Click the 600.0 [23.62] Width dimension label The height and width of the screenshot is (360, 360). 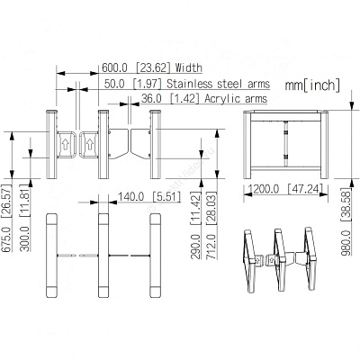pyautogui.click(x=152, y=67)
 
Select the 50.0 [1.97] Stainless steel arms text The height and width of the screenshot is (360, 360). pyautogui.click(x=187, y=84)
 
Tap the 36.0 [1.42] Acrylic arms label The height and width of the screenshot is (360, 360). pyautogui.click(x=204, y=98)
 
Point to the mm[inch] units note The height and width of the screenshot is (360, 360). pyautogui.click(x=312, y=85)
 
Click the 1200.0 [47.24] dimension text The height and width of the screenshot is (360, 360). pyautogui.click(x=286, y=189)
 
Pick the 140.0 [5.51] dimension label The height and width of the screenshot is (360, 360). pyautogui.click(x=149, y=197)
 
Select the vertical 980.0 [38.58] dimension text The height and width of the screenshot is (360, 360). pyautogui.click(x=346, y=221)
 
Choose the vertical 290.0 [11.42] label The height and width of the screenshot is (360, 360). pyautogui.click(x=195, y=226)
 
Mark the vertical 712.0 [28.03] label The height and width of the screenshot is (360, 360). pyautogui.click(x=211, y=226)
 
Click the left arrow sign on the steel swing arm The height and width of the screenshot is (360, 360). pyautogui.click(x=65, y=145)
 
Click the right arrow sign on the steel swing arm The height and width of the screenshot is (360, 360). pyautogui.click(x=90, y=145)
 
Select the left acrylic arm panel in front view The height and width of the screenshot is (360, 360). pyautogui.click(x=118, y=143)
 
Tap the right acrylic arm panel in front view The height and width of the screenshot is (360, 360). pyautogui.click(x=140, y=143)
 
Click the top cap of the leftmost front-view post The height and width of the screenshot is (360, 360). pyautogui.click(x=51, y=112)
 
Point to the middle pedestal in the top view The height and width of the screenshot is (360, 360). pyautogui.click(x=103, y=256)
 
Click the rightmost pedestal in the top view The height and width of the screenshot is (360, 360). pyautogui.click(x=155, y=256)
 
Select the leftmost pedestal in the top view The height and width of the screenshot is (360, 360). pyautogui.click(x=51, y=256)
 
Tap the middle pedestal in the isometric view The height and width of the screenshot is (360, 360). pyautogui.click(x=280, y=259)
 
